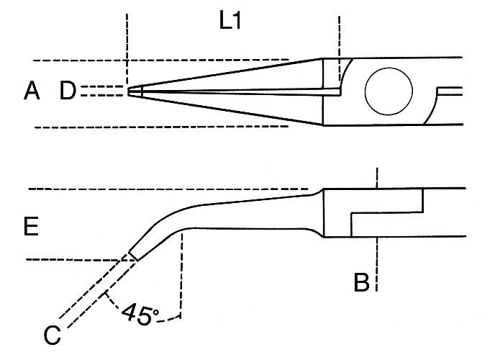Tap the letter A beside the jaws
pos(30,91)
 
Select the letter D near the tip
pos(68,91)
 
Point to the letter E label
pos(30,228)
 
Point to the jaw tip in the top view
pos(133,91)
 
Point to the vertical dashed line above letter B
pos(376,179)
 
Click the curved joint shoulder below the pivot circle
pos(432,115)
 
